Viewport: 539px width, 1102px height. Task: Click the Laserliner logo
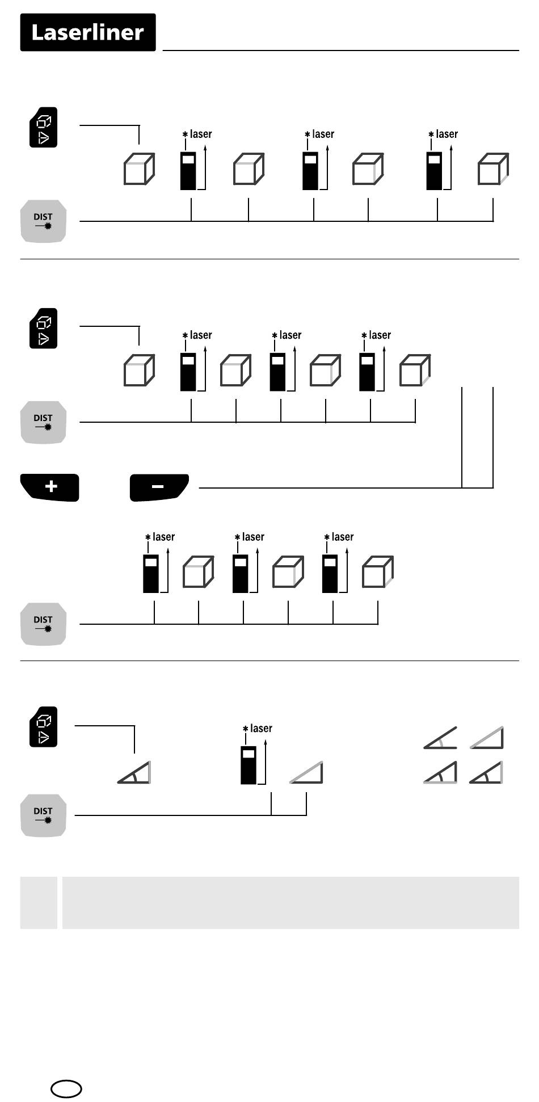coord(88,32)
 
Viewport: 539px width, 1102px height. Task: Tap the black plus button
coord(50,487)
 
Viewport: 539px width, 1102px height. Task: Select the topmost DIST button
coord(44,221)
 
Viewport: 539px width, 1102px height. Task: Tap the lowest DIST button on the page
coord(44,815)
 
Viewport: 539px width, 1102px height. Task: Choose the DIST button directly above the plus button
coord(44,422)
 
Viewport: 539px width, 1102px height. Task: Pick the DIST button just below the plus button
coord(44,624)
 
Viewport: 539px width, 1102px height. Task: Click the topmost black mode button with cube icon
coord(44,127)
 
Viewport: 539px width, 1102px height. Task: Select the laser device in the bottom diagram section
coord(249,765)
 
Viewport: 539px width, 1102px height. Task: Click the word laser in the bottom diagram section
coord(261,728)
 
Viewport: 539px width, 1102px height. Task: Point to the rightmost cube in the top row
coord(493,169)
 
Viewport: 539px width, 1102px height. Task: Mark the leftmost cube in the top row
coord(139,169)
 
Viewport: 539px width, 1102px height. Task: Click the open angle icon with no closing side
coord(440,738)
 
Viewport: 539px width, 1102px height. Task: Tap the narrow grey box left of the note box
coord(39,902)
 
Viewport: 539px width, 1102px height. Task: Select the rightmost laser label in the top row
coord(447,134)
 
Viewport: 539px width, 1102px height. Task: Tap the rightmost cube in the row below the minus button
coord(377,572)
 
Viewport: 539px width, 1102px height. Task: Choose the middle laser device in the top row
coord(310,171)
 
